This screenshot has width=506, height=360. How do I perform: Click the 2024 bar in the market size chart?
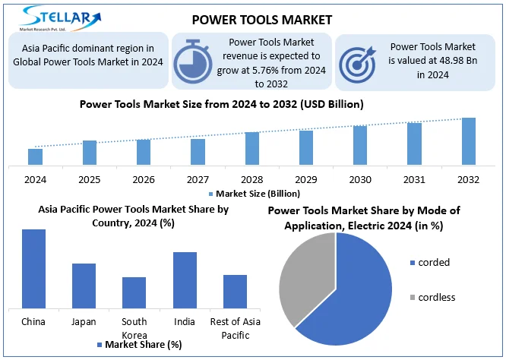[35, 156]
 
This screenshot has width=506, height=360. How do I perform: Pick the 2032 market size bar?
[469, 141]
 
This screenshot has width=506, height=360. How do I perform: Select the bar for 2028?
[252, 148]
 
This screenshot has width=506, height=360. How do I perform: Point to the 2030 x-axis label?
[360, 179]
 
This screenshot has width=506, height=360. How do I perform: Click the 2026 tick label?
[144, 179]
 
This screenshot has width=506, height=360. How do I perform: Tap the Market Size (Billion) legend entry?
[251, 194]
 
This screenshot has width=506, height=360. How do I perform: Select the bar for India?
[185, 279]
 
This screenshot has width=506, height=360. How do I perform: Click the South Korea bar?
[134, 292]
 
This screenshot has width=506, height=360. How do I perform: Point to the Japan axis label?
[84, 321]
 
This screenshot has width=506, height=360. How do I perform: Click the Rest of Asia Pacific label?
[236, 327]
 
